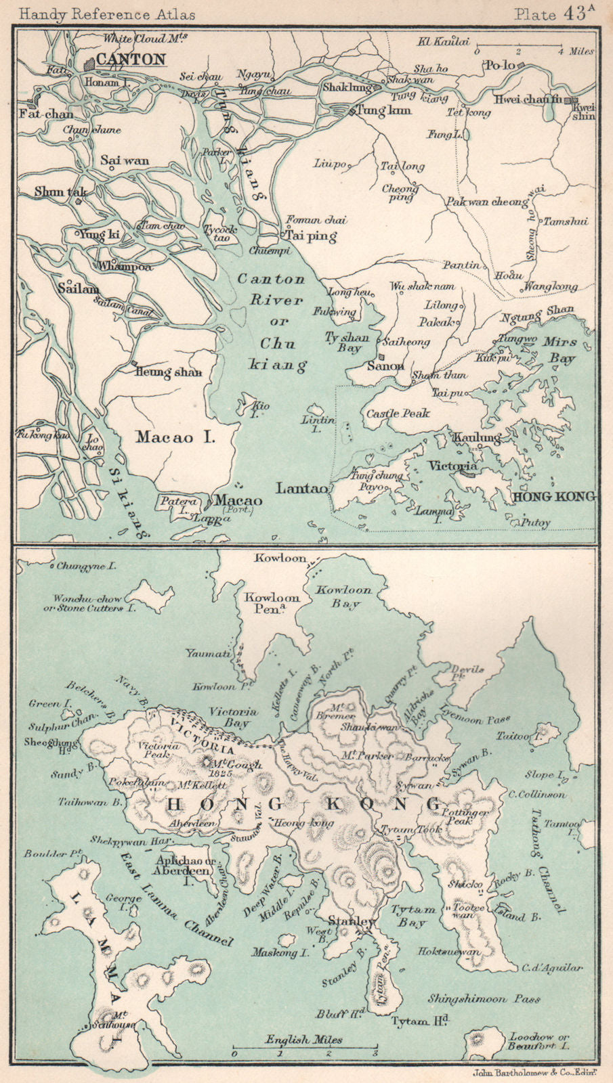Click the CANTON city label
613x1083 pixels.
131,60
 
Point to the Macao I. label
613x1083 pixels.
175,437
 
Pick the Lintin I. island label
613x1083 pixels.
318,420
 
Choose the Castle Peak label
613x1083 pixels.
398,413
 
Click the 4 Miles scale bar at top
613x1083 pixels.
518,49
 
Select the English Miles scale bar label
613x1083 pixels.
304,1040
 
